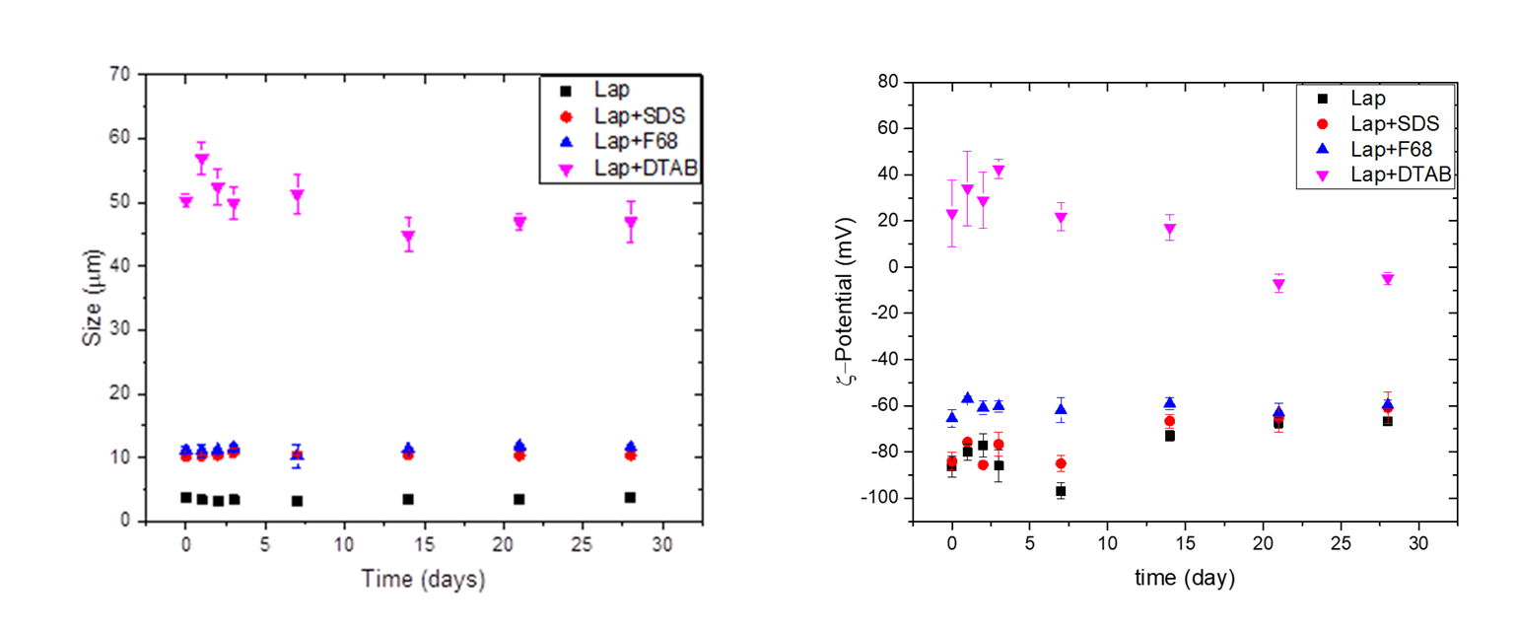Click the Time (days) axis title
(x=423, y=579)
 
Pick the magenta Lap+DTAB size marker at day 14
(x=408, y=238)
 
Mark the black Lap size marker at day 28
(x=630, y=497)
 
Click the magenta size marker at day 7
(x=297, y=195)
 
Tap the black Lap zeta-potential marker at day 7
(x=1061, y=490)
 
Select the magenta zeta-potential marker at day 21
(x=1278, y=285)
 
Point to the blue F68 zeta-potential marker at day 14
(x=1169, y=402)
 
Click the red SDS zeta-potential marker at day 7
(x=1061, y=463)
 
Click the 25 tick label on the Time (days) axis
(x=582, y=543)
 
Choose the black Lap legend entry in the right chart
(x=1370, y=99)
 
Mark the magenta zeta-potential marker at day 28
(x=1387, y=279)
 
